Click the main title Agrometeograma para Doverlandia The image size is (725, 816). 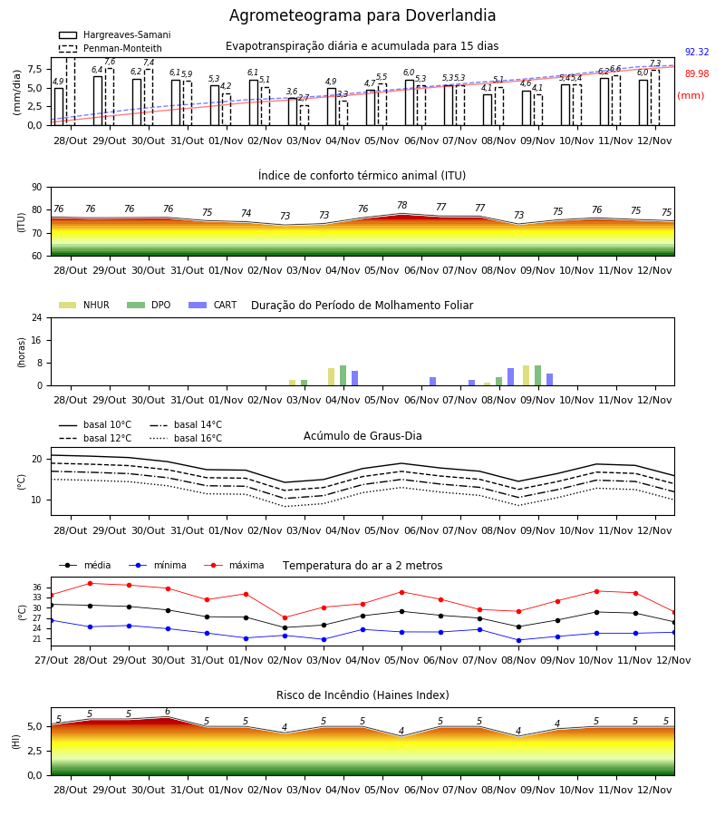362,15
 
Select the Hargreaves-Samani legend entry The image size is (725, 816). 114,34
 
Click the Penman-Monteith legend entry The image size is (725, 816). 111,48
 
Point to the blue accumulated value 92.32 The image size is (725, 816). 697,52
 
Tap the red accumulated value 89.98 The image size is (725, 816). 697,74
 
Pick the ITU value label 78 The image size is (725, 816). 402,205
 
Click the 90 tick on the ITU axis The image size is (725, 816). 37,188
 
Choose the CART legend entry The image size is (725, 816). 213,305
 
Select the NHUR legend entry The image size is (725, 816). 84,305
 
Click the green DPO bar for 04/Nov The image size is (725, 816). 343,375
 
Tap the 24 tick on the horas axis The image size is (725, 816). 37,317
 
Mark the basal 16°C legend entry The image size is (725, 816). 186,438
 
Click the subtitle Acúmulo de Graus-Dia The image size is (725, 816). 362,436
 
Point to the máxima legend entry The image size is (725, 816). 234,565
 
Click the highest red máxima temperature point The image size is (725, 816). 91,583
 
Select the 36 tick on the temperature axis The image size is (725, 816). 37,588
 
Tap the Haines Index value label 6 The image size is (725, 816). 168,712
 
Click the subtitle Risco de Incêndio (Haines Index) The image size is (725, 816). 362,695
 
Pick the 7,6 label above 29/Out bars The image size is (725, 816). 110,62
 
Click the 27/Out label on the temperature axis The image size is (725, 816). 52,660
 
